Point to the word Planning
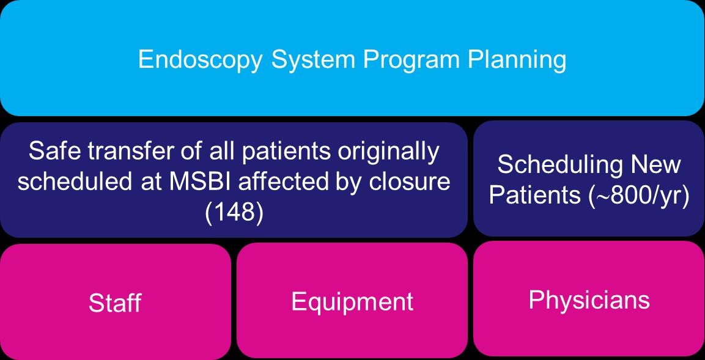point(517,61)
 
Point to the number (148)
point(234,213)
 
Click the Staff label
point(115,303)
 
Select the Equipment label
point(352,301)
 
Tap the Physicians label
point(589,299)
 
